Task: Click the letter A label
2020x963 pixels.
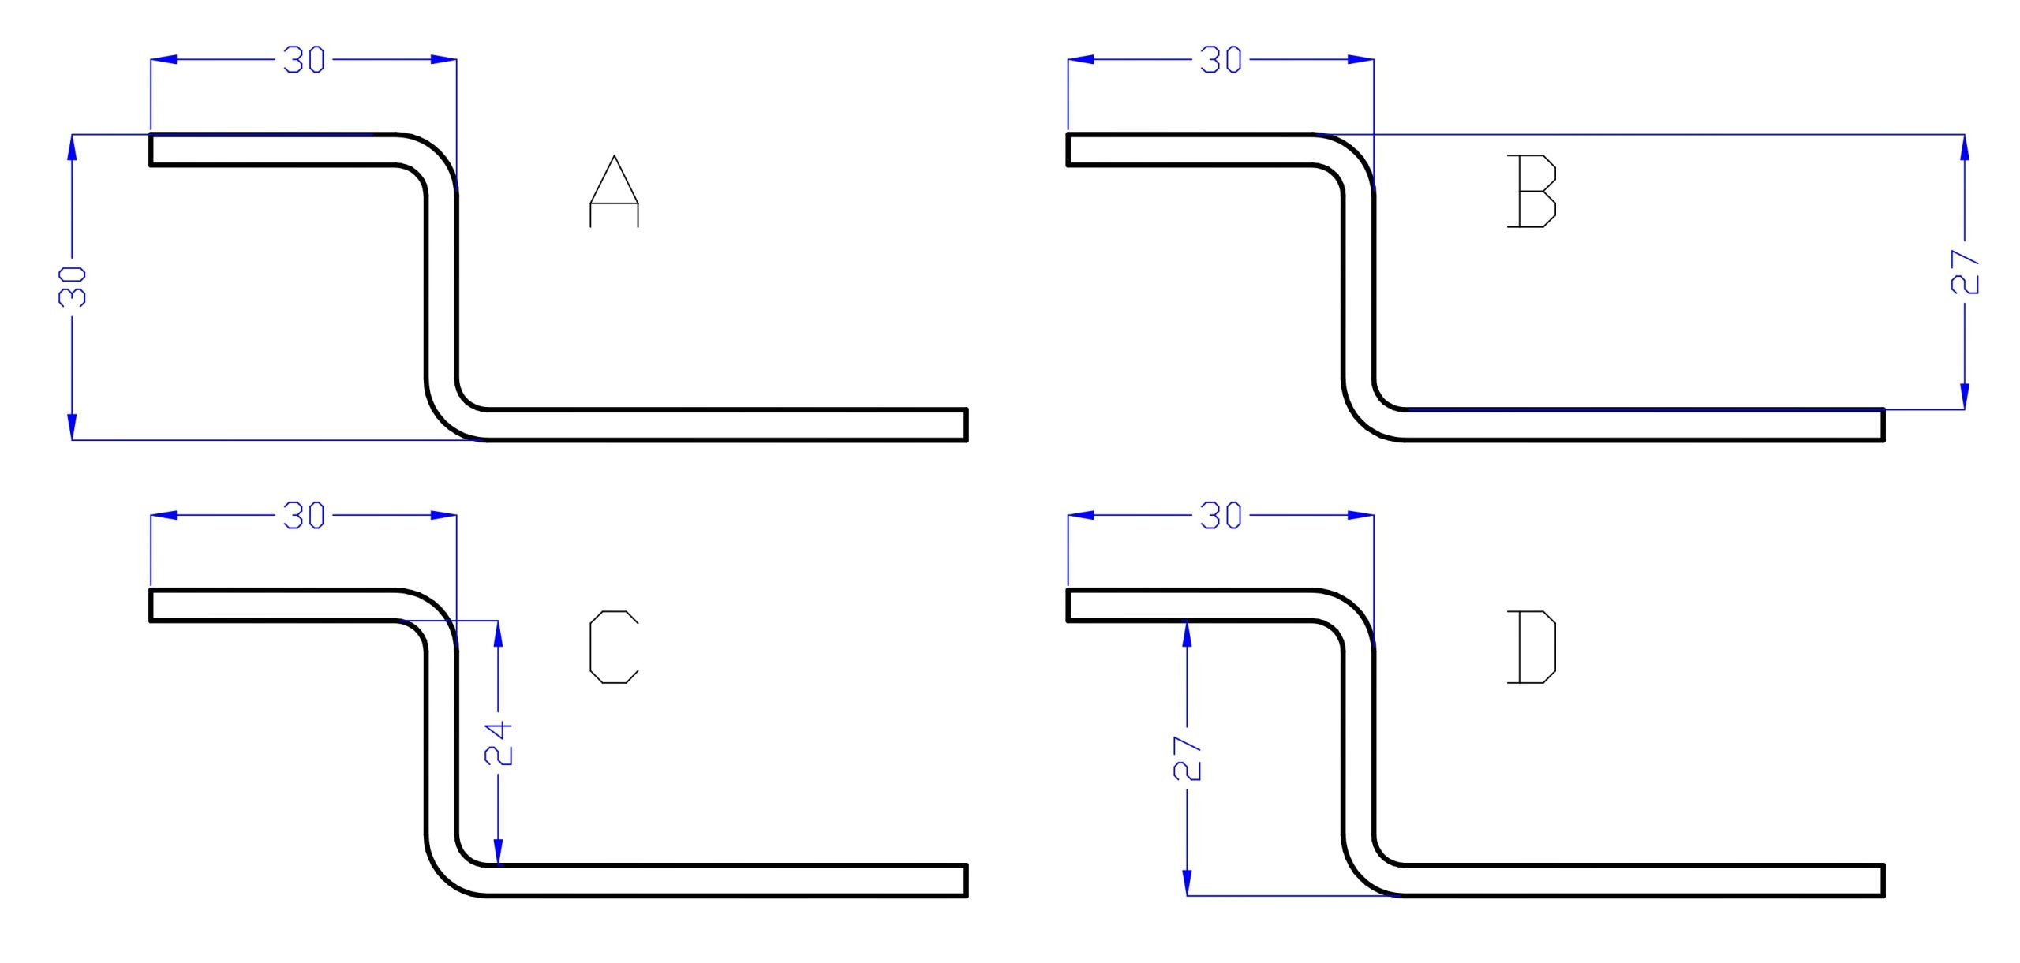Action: (x=614, y=192)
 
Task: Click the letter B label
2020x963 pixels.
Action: (x=1532, y=192)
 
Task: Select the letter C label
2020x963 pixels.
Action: (x=614, y=647)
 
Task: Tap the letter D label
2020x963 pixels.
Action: (x=1532, y=647)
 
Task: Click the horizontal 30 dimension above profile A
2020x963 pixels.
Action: (x=304, y=60)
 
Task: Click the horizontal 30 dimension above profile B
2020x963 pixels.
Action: (x=1221, y=60)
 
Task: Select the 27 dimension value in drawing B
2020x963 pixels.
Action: (x=1965, y=272)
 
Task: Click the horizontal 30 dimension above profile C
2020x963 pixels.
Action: (x=304, y=516)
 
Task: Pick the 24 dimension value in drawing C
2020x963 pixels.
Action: (x=498, y=744)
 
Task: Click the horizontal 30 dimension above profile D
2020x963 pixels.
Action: (x=1221, y=516)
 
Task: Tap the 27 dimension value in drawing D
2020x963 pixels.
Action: (x=1188, y=759)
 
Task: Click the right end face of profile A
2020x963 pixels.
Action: (x=967, y=425)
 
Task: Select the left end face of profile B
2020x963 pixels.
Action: (x=1068, y=150)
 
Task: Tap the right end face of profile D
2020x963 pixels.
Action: (x=1883, y=881)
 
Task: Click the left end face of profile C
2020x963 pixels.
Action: (x=151, y=606)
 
